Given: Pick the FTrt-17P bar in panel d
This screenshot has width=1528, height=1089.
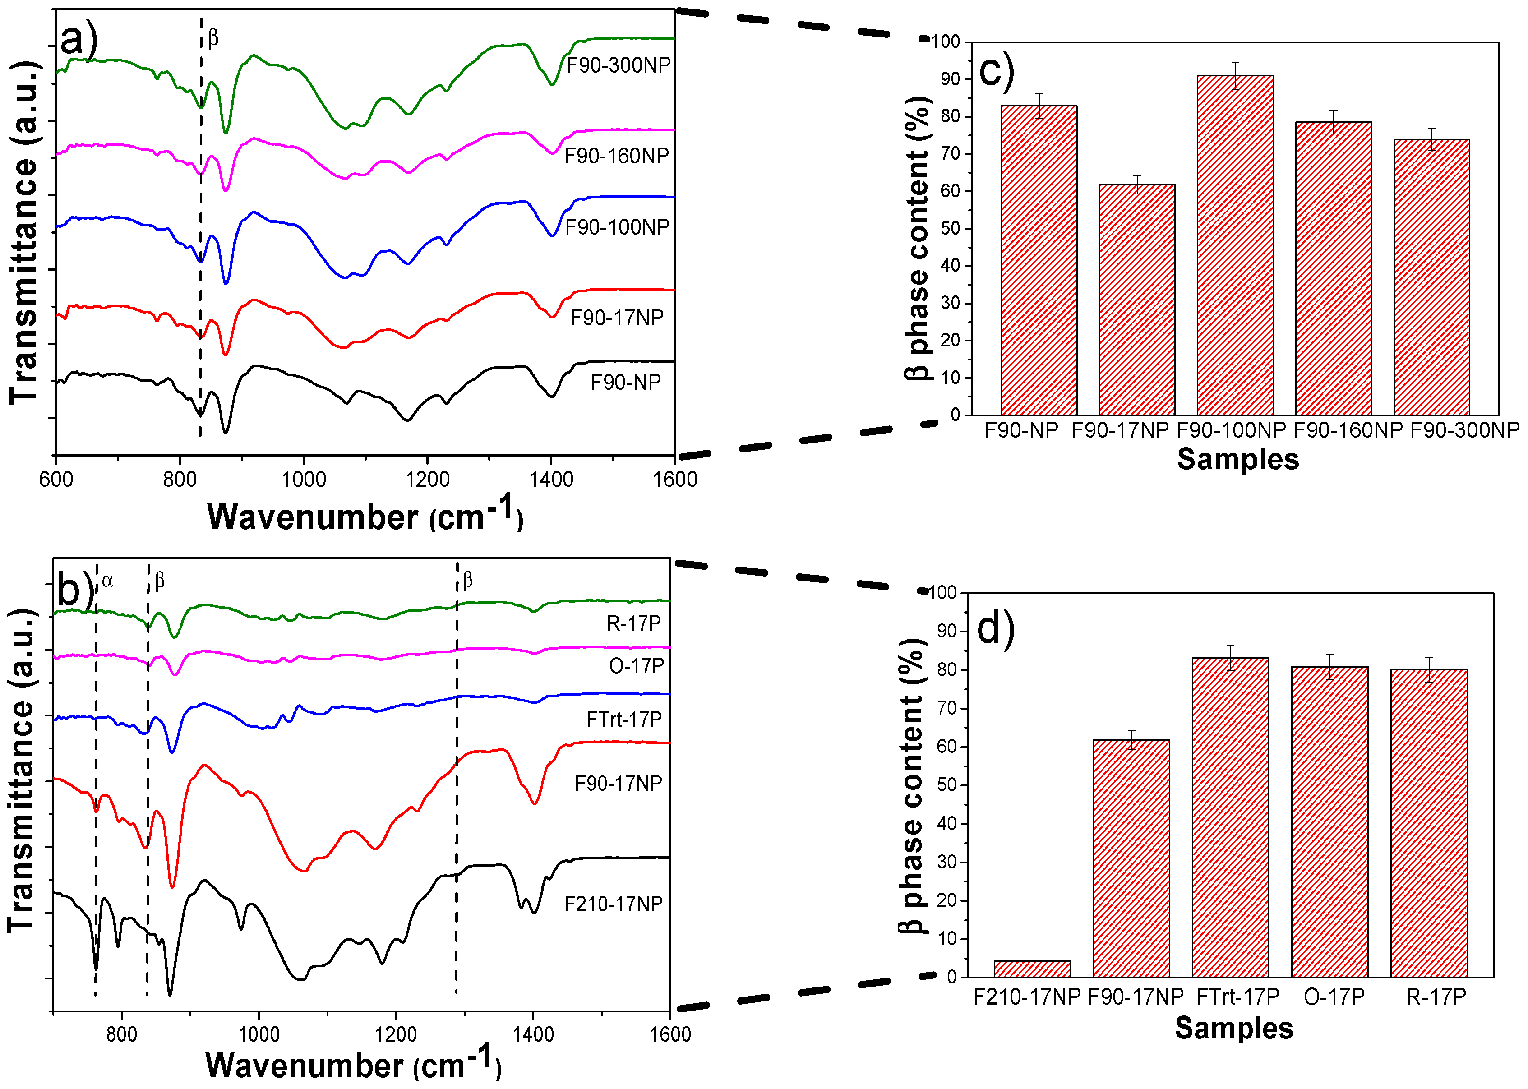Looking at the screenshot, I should coord(1230,817).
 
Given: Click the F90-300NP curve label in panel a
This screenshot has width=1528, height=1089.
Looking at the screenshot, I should coord(618,65).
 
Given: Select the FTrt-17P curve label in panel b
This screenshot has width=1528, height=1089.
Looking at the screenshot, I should coord(623,720).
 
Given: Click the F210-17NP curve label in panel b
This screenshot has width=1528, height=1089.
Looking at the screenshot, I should coord(613,904).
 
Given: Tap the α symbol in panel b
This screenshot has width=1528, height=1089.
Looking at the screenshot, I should coord(107,581).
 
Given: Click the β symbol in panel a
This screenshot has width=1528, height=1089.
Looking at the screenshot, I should coord(213,38).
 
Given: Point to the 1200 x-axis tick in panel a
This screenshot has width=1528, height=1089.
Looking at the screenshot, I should coord(427,480).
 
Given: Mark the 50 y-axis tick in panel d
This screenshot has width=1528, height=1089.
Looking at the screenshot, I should coord(946,785).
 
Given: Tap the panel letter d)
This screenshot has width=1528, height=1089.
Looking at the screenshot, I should coord(996,629).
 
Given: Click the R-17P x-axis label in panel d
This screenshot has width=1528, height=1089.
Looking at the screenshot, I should coord(1436,997).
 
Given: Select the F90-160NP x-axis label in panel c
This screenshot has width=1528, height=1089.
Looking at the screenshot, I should coord(1347,430).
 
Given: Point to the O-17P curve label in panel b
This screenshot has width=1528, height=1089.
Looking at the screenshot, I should coord(636,666).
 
